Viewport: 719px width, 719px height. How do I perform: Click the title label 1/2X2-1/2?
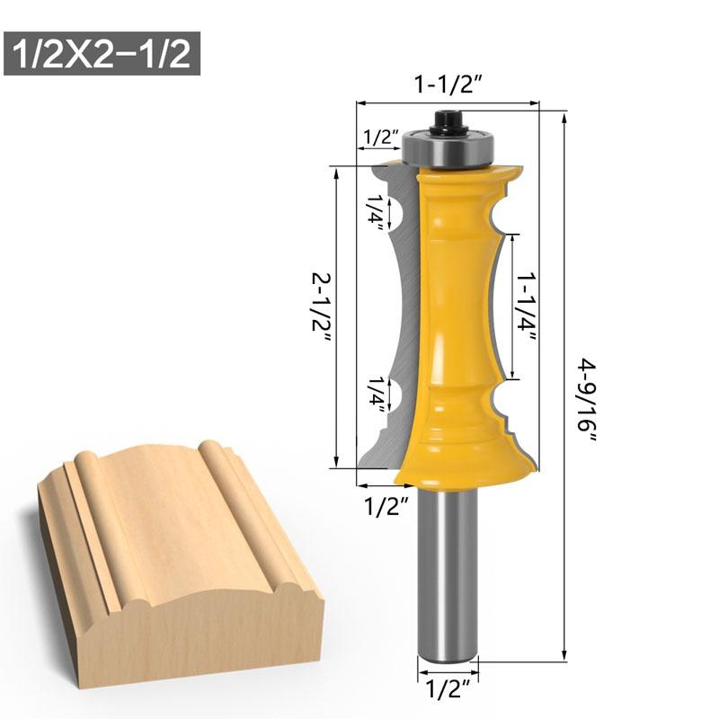pos(102,54)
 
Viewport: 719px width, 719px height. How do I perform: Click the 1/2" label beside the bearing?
pos(380,138)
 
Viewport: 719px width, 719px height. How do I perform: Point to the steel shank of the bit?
pos(447,575)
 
